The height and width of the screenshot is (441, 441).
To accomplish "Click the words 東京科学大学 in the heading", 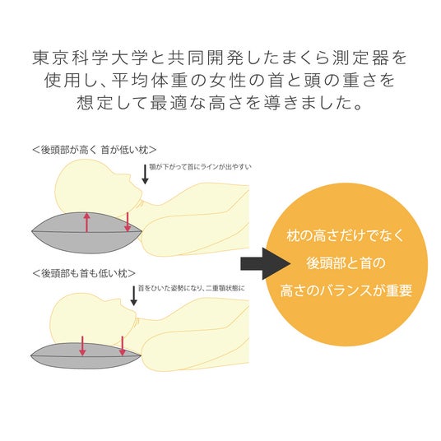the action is (x=90, y=58).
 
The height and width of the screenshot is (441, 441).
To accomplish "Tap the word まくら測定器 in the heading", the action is (x=335, y=58).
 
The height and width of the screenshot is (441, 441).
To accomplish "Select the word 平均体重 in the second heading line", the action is (x=151, y=81).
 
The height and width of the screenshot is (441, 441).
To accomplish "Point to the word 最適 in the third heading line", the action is (x=169, y=103).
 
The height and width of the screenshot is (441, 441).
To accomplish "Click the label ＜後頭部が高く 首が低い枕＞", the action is (x=95, y=150).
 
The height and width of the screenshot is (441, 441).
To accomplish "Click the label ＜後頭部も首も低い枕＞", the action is (x=84, y=273).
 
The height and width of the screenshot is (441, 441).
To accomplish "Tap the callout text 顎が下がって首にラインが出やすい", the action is (x=200, y=167).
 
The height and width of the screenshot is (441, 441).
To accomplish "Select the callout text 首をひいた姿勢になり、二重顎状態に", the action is (x=191, y=288).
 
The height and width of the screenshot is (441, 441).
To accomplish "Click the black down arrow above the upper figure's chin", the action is (x=145, y=174).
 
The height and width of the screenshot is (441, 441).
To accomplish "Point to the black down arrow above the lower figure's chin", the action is (x=134, y=296).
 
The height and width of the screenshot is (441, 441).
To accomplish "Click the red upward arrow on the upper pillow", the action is (x=87, y=222).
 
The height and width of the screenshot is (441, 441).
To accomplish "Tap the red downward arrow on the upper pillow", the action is (x=128, y=222).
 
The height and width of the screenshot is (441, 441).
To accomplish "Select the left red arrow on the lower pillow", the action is (x=82, y=346).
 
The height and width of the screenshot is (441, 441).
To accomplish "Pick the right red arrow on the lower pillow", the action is (x=122, y=346).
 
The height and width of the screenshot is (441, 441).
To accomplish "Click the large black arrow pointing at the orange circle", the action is (x=265, y=263).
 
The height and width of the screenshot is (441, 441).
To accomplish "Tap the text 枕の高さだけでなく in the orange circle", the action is (x=346, y=235).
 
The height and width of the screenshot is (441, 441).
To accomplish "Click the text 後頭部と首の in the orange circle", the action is (x=346, y=263).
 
